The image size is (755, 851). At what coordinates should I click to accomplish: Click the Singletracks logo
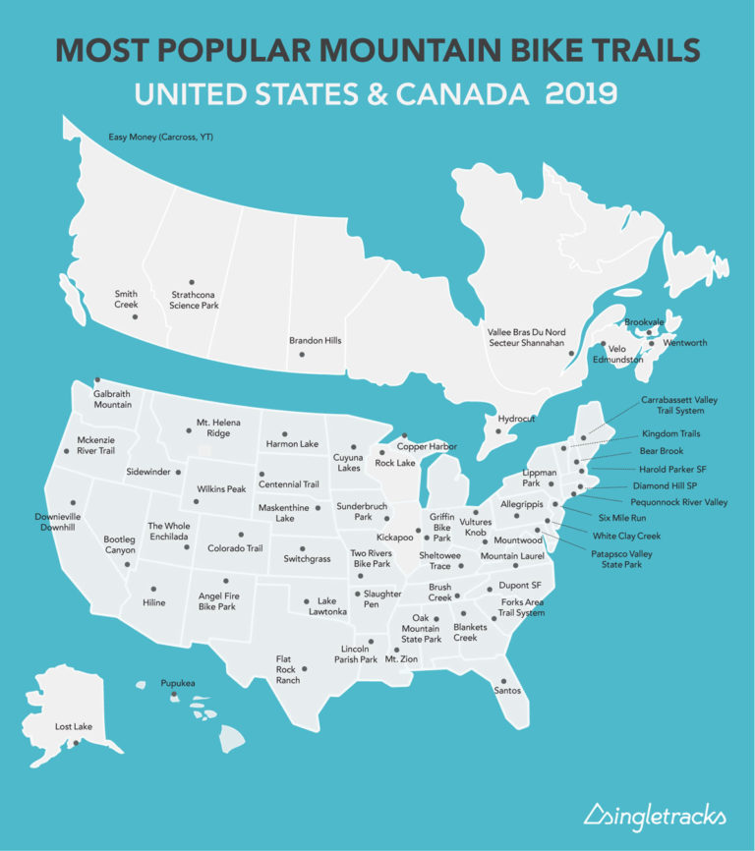pos(654,815)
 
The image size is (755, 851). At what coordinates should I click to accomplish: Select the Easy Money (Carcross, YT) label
pos(160,137)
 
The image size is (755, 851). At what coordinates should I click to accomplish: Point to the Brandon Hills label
pos(315,341)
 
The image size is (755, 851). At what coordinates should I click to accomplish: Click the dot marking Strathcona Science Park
pos(192,282)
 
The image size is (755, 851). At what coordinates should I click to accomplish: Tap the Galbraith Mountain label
pos(113,399)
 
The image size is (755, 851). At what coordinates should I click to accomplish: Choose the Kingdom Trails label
pos(670,433)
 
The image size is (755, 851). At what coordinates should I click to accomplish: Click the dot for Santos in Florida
pos(503,680)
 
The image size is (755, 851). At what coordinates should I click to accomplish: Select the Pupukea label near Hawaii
pos(178,682)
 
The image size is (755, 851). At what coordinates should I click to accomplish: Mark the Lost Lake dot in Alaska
pos(76,743)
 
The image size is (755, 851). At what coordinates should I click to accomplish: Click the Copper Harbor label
pos(427,447)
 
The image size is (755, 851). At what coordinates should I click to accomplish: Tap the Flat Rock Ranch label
pos(288,669)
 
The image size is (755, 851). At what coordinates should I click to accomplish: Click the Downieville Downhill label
pos(57,521)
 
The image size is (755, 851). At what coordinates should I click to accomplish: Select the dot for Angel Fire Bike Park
pos(225,581)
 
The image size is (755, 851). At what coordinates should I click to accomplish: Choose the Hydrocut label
pos(516,419)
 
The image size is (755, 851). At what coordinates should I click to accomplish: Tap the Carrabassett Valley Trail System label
pos(672,405)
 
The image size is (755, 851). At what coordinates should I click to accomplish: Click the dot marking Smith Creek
pos(136,316)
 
